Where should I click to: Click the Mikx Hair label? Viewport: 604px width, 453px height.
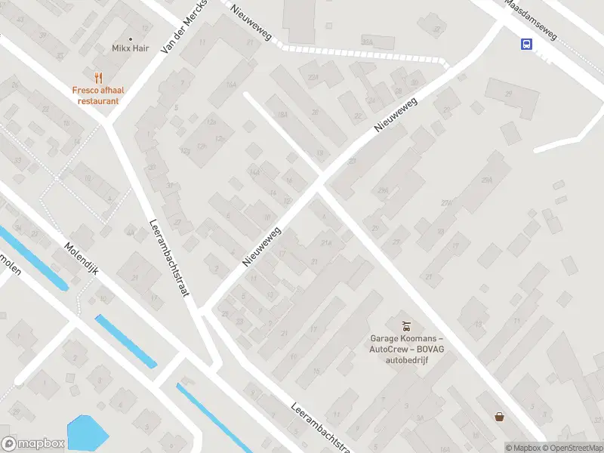(131, 48)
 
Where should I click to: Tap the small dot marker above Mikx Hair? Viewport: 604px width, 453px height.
(131, 38)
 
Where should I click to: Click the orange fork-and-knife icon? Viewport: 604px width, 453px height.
(97, 77)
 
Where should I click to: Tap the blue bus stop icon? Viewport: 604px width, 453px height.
(526, 44)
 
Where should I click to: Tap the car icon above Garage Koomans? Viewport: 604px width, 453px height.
(406, 325)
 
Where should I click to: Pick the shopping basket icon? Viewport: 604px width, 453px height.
(499, 416)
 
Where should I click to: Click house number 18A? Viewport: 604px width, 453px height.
(282, 115)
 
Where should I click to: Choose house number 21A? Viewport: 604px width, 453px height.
(326, 242)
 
